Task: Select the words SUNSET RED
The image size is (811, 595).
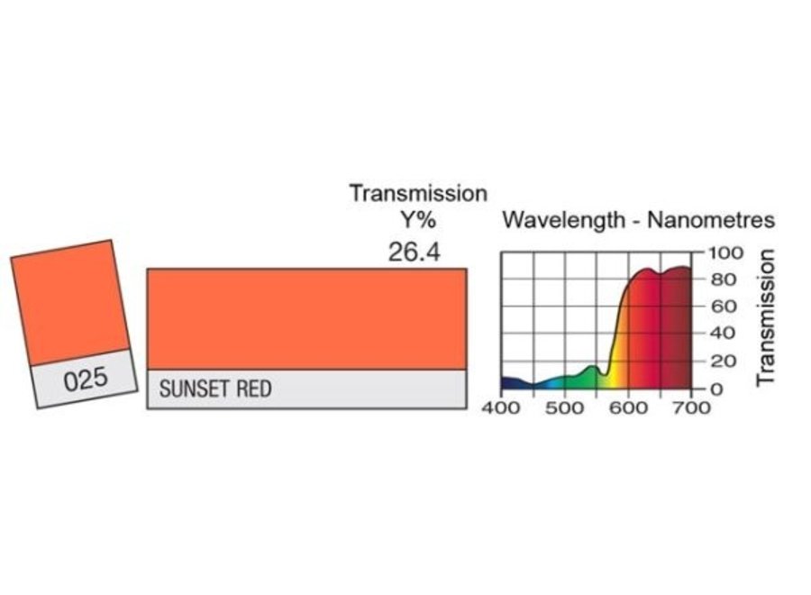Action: pos(215,389)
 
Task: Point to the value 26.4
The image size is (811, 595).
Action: pos(414,252)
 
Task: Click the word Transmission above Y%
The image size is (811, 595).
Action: pos(418,193)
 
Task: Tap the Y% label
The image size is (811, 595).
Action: pos(418,221)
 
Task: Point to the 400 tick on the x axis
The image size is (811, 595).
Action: pos(501,407)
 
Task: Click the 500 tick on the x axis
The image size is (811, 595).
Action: pos(564,407)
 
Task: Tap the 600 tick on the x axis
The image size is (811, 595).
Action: pos(628,407)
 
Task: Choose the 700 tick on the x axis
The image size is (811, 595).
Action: pos(690,407)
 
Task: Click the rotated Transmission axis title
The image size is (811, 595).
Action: pos(766,318)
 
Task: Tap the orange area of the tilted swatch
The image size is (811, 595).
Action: pos(69,302)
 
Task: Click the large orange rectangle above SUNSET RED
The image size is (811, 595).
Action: pos(306,318)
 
